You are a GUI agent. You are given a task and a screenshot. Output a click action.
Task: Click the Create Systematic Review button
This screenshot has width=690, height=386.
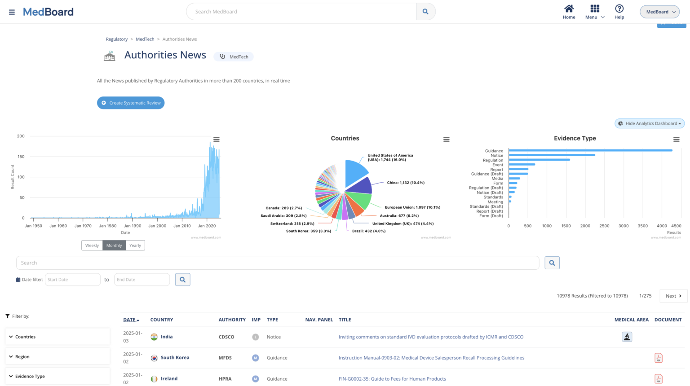pos(131,103)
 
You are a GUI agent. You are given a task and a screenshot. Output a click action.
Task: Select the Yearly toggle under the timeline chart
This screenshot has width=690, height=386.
pos(135,246)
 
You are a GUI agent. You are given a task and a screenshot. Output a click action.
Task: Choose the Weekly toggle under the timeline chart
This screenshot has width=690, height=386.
pos(92,246)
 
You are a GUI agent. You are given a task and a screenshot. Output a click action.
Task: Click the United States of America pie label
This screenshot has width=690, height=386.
pos(390,158)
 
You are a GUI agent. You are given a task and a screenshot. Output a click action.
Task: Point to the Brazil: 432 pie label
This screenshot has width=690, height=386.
pos(368,231)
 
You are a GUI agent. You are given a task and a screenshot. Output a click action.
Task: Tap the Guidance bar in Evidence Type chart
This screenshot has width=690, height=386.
pos(590,150)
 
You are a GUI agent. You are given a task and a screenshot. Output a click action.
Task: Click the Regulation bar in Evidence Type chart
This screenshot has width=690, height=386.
pos(539,160)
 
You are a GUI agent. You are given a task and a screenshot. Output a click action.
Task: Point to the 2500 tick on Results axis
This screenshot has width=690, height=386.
pos(604,226)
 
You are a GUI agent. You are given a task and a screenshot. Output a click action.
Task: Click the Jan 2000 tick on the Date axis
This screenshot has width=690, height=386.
pos(157,226)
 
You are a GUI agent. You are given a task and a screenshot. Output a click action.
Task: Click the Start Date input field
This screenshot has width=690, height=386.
pos(72,280)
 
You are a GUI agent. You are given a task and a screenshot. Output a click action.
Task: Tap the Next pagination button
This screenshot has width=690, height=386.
pos(673,296)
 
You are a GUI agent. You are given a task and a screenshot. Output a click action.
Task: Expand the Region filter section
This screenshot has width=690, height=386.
pos(57,357)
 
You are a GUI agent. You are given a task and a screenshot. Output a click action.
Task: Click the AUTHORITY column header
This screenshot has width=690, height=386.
pos(232,320)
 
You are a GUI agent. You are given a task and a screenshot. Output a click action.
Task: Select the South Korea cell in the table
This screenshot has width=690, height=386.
pos(175,358)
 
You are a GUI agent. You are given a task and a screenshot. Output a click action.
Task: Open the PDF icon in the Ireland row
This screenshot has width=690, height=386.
pos(658,379)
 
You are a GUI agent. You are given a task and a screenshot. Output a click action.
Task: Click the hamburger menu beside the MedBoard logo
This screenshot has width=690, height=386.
pos(12,12)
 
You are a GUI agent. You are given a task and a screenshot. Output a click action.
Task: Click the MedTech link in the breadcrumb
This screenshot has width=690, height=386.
pos(145,39)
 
